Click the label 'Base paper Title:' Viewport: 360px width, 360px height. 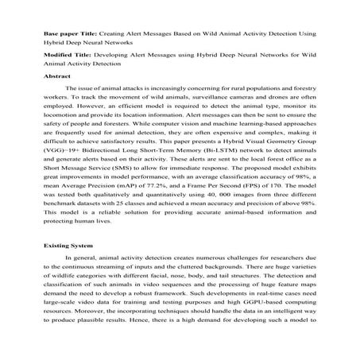pos(68,35)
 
